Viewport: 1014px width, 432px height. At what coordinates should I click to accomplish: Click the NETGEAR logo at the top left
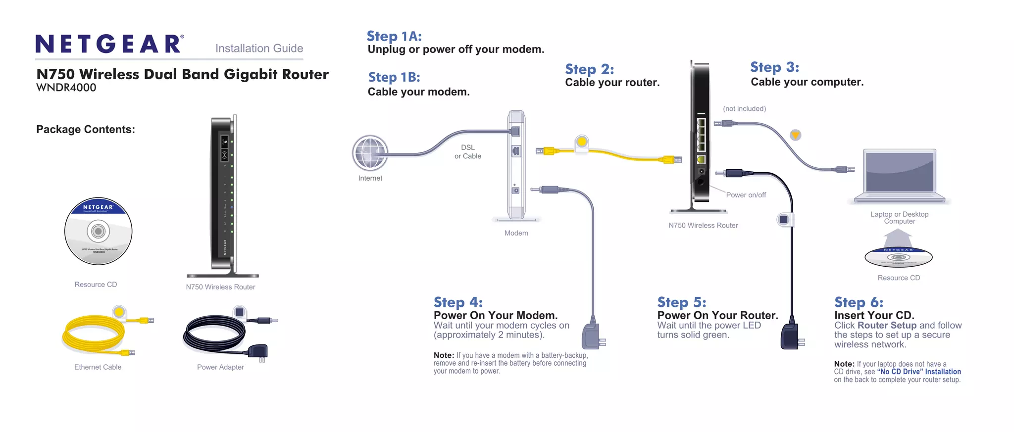point(109,44)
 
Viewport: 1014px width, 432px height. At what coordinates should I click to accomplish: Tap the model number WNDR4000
point(66,88)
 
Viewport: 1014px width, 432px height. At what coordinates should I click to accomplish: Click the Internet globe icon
point(370,153)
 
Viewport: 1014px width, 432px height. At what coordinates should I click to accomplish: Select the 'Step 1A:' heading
point(394,36)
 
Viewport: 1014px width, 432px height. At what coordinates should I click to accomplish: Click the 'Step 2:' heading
point(589,69)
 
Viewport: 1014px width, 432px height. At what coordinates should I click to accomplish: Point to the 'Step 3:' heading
point(774,67)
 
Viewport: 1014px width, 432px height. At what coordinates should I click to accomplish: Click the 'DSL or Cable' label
point(467,151)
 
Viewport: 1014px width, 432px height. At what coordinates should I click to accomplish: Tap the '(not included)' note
point(744,109)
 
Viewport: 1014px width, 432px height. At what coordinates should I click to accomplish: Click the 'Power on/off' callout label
point(746,195)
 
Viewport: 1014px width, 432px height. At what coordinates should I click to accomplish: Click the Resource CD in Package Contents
point(98,231)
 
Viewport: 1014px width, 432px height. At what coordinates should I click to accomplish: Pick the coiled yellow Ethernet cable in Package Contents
point(94,334)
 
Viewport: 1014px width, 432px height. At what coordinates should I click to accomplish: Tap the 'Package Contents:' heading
point(85,129)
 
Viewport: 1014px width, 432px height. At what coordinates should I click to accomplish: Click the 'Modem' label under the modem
point(516,233)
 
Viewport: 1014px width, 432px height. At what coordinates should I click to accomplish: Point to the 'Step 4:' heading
point(457,302)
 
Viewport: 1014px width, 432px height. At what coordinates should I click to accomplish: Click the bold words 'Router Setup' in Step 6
point(887,325)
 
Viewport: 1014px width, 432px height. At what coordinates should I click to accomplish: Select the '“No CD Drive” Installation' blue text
point(918,372)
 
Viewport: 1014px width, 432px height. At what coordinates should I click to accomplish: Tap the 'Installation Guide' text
point(259,48)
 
